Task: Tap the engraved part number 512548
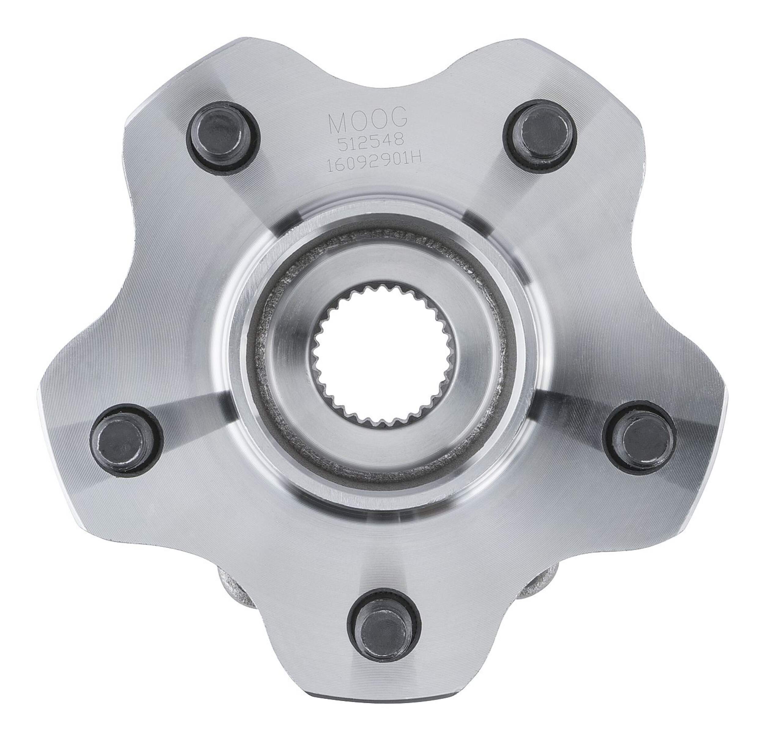368,148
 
